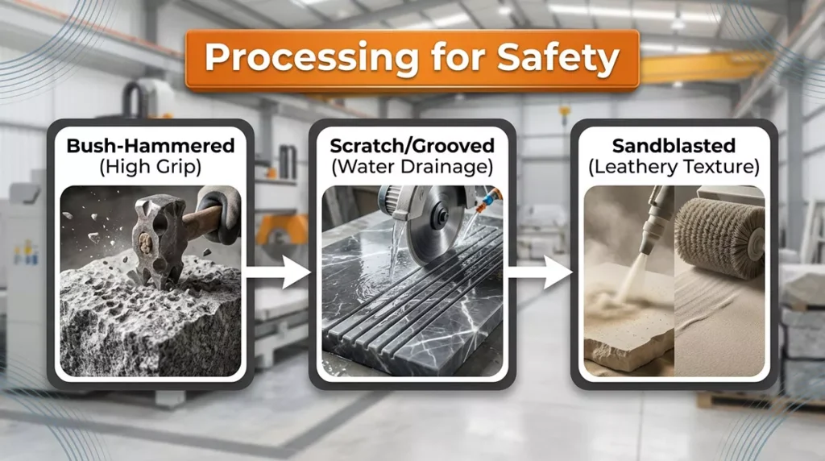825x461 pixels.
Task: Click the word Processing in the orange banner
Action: point(312,57)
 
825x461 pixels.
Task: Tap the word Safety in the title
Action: point(558,58)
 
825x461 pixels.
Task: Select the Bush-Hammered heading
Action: point(151,145)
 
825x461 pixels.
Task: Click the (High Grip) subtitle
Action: point(151,167)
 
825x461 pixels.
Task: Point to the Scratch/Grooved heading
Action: point(412,145)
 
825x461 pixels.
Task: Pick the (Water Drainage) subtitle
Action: point(412,167)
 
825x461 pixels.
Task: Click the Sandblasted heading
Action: point(674,145)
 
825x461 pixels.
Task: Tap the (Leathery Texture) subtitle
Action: point(674,167)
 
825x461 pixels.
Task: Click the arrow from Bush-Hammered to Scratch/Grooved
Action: point(277,272)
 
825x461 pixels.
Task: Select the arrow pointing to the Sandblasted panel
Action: point(539,272)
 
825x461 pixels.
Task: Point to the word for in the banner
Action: point(458,57)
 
